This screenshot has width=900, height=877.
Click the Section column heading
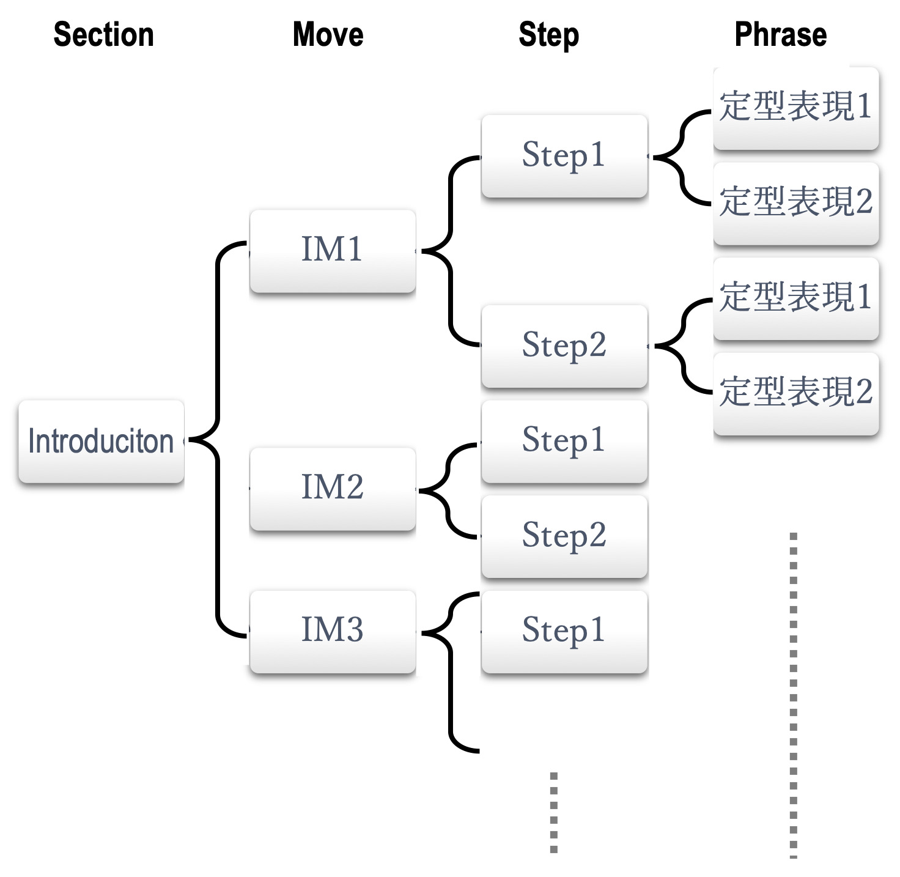click(103, 34)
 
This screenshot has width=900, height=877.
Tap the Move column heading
click(328, 34)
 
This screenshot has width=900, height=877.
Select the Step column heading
click(548, 35)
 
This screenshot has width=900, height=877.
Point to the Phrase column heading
click(781, 34)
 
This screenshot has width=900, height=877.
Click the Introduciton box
click(101, 442)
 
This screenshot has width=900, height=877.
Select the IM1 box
click(333, 251)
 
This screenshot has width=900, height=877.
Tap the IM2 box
click(333, 489)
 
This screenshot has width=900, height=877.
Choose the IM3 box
click(333, 631)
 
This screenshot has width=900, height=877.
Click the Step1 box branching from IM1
click(564, 156)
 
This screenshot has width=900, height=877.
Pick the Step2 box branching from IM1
click(564, 346)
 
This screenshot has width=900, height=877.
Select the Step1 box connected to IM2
click(564, 442)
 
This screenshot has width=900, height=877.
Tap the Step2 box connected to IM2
click(564, 536)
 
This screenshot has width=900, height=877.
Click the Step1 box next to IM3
click(564, 631)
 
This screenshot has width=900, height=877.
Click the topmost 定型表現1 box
click(796, 108)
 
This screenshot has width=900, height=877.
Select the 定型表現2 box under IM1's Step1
click(796, 204)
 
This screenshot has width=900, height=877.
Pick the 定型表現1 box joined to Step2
click(796, 298)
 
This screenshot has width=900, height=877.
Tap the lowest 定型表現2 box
click(796, 394)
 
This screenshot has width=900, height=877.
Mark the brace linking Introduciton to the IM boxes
click(218, 440)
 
